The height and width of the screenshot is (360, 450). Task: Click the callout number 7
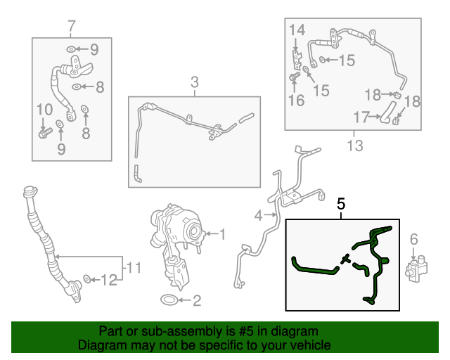tap(71, 27)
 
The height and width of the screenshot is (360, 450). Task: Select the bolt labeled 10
tap(45, 133)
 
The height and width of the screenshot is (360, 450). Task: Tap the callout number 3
tap(195, 82)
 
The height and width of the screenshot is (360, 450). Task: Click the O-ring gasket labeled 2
tap(169, 300)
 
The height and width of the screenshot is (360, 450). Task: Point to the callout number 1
tap(222, 234)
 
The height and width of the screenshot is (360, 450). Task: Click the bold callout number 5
tap(341, 204)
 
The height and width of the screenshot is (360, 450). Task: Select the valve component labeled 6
tap(416, 268)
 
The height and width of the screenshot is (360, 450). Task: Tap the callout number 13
tap(355, 146)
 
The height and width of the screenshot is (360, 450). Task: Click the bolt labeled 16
tap(294, 77)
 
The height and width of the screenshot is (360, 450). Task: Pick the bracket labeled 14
tap(297, 59)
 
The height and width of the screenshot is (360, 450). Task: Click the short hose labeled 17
tap(387, 112)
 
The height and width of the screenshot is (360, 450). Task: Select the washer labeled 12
tap(87, 278)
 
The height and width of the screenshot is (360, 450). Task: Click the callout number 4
tap(258, 215)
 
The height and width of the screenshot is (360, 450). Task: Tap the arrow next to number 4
tap(270, 214)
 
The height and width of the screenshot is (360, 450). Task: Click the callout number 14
tap(297, 30)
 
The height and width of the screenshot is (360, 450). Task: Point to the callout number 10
tap(45, 110)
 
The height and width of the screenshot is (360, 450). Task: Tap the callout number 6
tap(413, 239)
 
